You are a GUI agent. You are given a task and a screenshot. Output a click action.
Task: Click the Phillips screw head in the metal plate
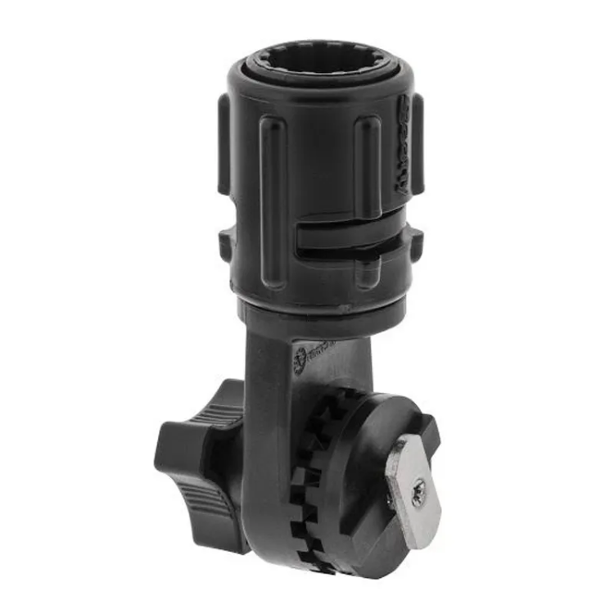(x=418, y=491)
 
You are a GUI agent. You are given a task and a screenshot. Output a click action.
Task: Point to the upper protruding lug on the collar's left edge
(x=223, y=143)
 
